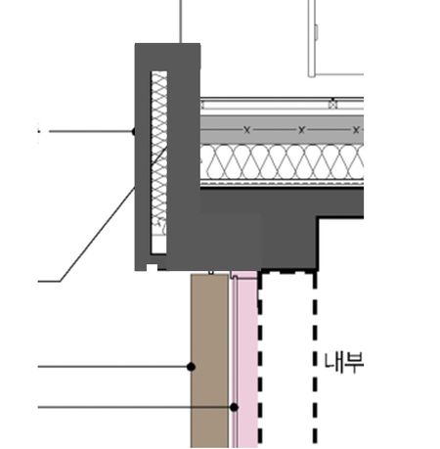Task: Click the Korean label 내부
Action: (344, 362)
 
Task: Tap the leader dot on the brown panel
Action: (191, 367)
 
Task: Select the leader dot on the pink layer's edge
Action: (234, 407)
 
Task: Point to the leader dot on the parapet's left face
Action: (133, 131)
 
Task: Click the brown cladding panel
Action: (209, 361)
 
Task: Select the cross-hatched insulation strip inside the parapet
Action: (159, 162)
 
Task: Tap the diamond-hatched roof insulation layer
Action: (282, 161)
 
